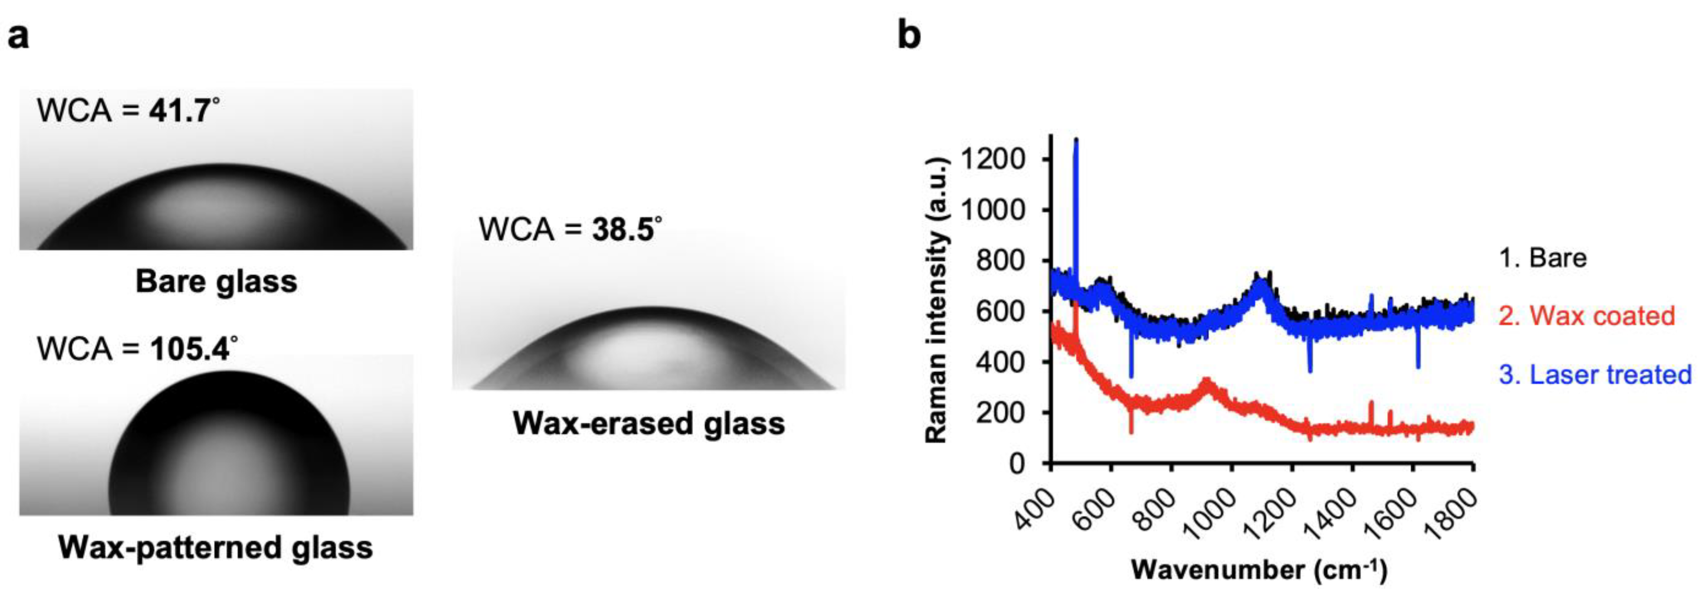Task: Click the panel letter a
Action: (x=18, y=36)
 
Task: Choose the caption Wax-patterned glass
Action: (x=215, y=548)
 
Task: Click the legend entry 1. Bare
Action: (x=1542, y=258)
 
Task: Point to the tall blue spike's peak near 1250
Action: (x=1076, y=140)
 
